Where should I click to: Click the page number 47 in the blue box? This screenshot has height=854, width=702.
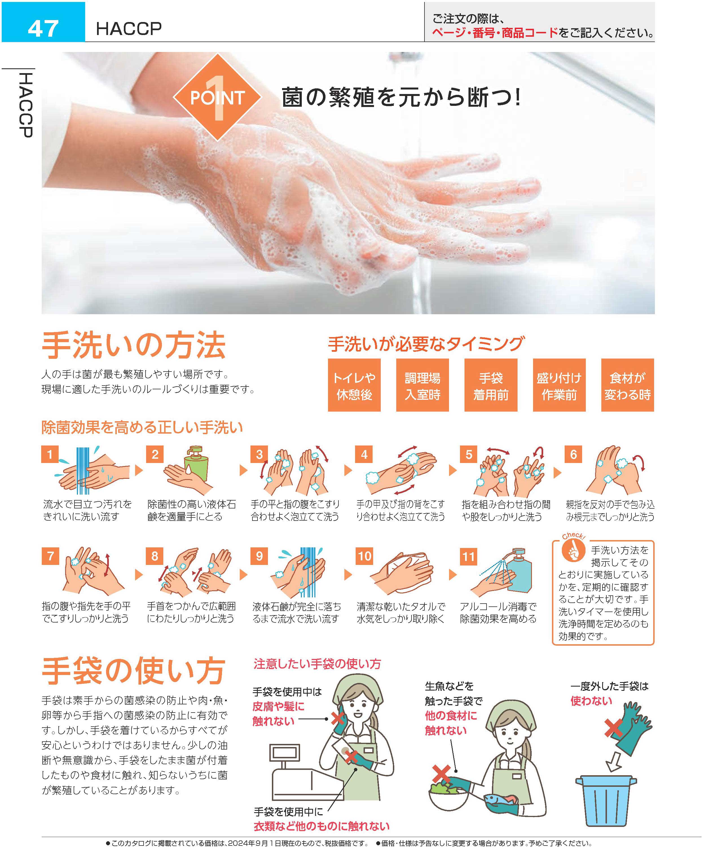[x=43, y=28]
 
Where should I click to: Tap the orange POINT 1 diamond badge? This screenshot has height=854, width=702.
[x=217, y=97]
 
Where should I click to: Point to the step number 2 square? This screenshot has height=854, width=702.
[x=155, y=454]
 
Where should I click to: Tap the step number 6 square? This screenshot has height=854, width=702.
[x=573, y=454]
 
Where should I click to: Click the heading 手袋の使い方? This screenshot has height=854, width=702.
[x=134, y=671]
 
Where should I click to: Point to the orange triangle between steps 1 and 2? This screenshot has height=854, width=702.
[x=139, y=470]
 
